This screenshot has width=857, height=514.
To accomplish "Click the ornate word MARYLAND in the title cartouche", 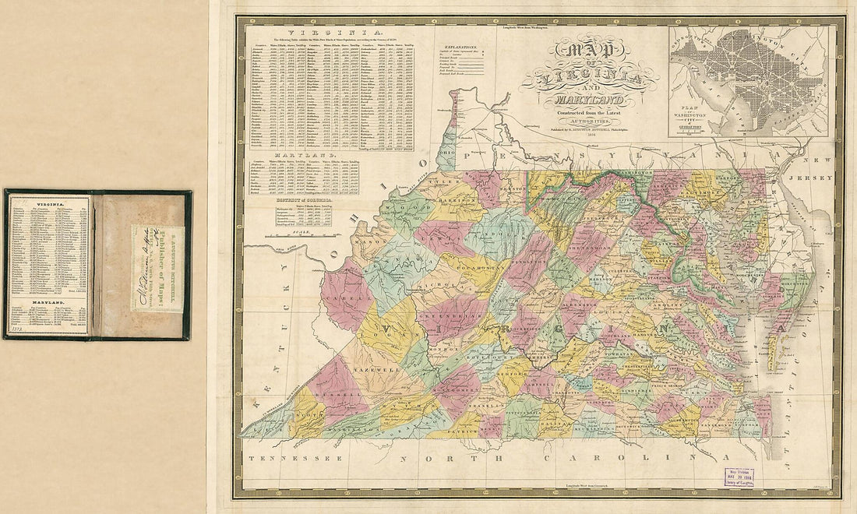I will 584,101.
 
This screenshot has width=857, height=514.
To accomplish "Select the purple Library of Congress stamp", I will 739,477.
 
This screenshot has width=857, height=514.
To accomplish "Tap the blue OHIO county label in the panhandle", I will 446,153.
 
